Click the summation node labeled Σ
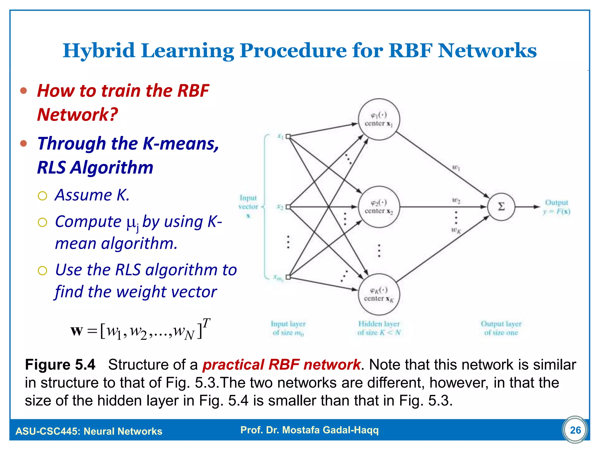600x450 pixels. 501,207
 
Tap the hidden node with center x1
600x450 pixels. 379,119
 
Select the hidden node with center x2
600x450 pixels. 379,207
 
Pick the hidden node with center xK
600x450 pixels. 379,294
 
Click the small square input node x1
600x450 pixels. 288,136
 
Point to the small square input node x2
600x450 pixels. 288,207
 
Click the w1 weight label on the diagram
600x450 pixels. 456,168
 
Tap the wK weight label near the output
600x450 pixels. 456,231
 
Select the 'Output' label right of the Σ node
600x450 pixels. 556,203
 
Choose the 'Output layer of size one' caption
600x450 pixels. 501,328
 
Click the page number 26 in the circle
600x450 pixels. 575,430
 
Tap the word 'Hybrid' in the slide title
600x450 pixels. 99,50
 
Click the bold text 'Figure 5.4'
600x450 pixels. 60,365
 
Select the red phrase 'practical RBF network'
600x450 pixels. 281,365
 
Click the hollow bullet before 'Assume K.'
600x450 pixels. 42,196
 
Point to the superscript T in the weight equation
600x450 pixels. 206,323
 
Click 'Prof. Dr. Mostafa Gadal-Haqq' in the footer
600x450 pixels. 309,430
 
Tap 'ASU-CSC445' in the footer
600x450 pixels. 47,431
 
